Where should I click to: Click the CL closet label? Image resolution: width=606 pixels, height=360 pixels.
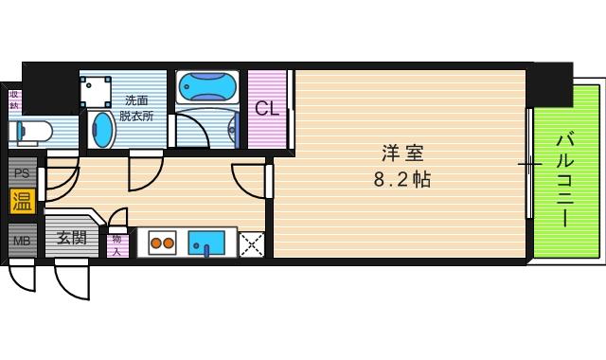(x=267, y=108)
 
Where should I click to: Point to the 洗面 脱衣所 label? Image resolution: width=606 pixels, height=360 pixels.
(x=136, y=108)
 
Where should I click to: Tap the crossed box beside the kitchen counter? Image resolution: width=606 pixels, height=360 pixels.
(x=252, y=243)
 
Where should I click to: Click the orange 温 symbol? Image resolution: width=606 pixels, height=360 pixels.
(x=20, y=200)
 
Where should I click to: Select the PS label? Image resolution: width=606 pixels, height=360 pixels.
(x=20, y=172)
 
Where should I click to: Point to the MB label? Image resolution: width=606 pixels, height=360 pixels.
(x=20, y=239)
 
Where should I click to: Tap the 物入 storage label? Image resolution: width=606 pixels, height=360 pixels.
(x=117, y=245)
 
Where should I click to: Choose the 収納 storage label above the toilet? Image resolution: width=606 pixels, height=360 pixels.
(x=14, y=100)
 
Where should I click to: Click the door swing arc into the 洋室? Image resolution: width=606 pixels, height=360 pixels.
(x=248, y=180)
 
